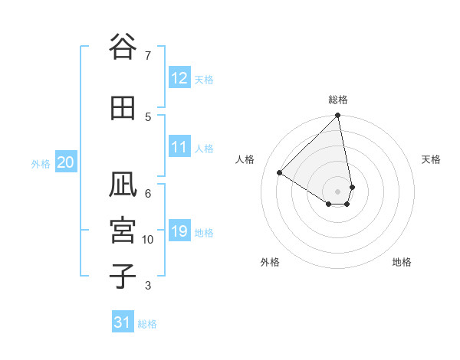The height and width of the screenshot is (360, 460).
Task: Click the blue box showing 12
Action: [x=179, y=78]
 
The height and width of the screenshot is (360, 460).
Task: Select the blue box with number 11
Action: [x=179, y=147]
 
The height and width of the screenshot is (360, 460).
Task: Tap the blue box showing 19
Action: [x=179, y=231]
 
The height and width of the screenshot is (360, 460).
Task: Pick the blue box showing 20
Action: [x=66, y=162]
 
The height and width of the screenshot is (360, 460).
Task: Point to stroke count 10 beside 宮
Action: [x=148, y=240]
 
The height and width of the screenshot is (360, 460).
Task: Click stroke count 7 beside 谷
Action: [x=148, y=55]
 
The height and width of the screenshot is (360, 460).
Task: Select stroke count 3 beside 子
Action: [x=148, y=286]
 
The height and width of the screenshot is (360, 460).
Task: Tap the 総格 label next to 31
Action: [x=147, y=324]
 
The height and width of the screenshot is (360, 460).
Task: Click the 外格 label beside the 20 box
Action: [x=41, y=163]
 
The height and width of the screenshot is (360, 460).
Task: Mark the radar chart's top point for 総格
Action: [x=338, y=116]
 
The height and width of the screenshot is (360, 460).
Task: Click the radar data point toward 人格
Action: [x=280, y=173]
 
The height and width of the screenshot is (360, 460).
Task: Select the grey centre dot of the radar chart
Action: [x=338, y=191]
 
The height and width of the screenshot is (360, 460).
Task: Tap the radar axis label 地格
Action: [x=402, y=262]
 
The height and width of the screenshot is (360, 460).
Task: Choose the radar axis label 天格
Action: [x=431, y=159]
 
